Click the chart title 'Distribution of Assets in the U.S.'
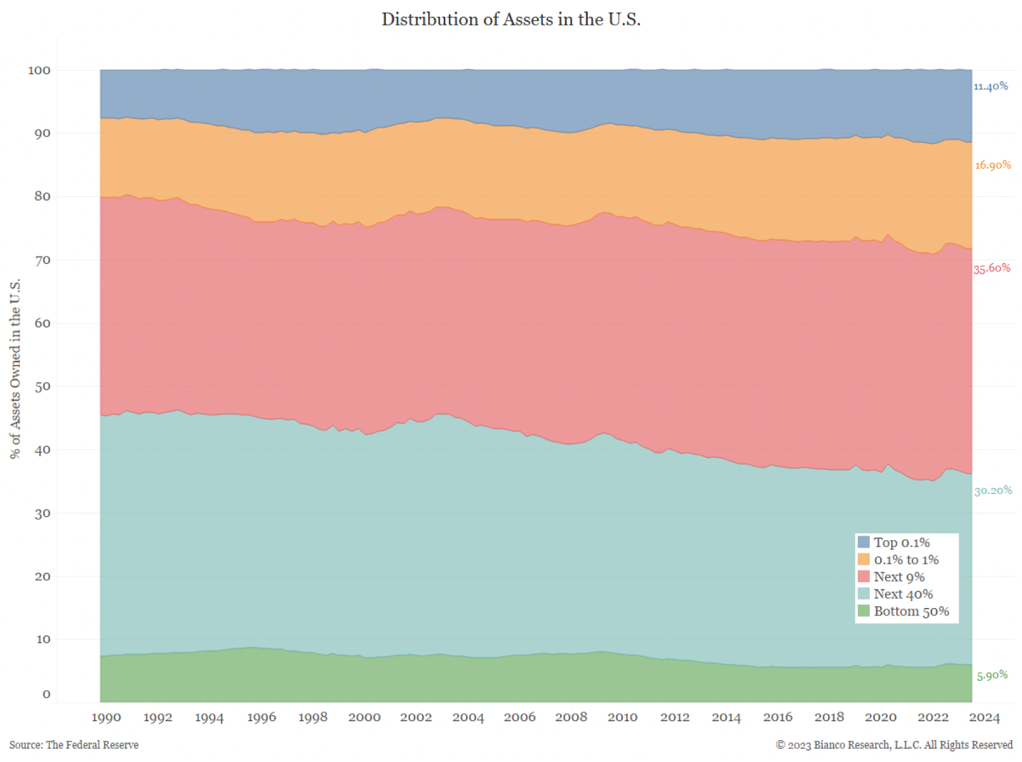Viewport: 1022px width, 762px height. [x=511, y=19]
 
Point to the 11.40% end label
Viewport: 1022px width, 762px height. [x=991, y=86]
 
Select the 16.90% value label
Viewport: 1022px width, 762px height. [x=993, y=165]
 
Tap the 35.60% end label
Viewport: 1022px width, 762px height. [x=991, y=268]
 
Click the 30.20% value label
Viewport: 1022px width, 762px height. [x=993, y=491]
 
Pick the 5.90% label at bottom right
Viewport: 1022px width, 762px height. [x=992, y=675]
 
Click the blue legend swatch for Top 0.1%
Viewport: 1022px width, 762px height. [x=864, y=542]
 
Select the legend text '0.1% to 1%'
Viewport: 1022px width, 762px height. [x=906, y=560]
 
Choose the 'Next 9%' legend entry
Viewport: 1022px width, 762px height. [x=899, y=577]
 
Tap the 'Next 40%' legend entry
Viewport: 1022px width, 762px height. [x=903, y=594]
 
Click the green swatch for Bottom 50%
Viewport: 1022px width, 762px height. [x=864, y=611]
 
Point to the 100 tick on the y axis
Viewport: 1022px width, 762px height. [x=39, y=70]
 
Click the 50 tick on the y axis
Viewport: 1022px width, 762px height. [x=42, y=386]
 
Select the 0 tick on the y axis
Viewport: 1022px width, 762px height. [x=46, y=694]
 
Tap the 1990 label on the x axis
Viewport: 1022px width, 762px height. [x=106, y=717]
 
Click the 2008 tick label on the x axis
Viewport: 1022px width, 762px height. [x=571, y=717]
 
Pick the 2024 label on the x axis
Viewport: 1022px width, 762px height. [x=984, y=717]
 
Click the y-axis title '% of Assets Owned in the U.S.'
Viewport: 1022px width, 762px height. [x=15, y=369]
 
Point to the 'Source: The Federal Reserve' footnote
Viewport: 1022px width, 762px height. [x=74, y=745]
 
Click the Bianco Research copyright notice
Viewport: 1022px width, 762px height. [x=894, y=745]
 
